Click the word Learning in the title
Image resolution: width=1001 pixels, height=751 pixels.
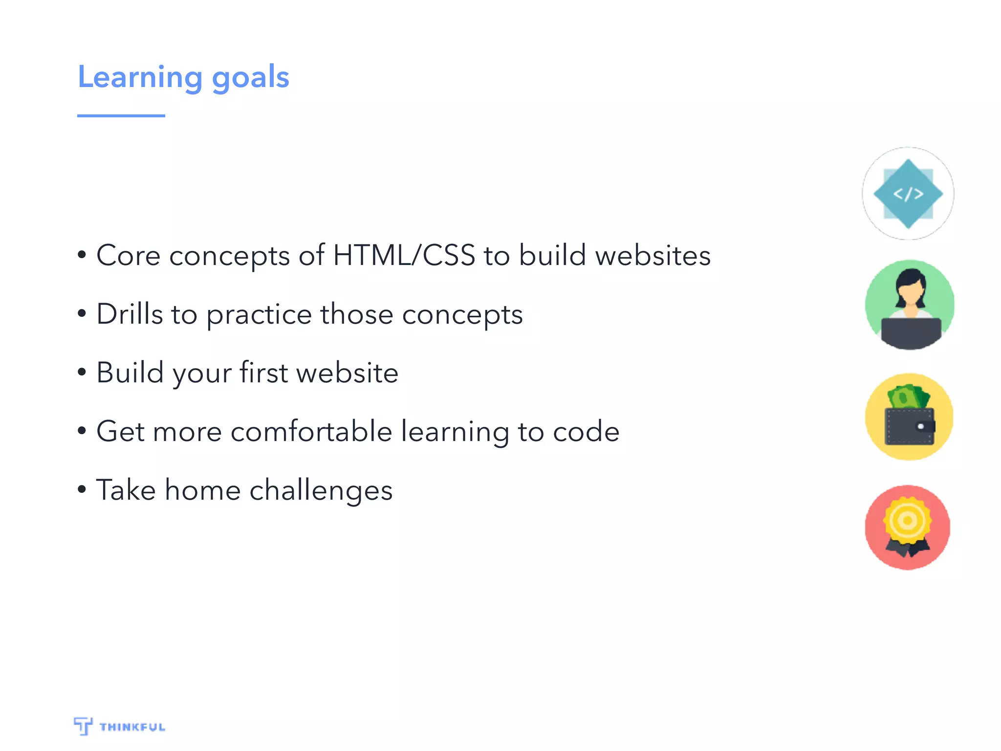click(140, 77)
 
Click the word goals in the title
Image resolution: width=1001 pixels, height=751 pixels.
click(251, 78)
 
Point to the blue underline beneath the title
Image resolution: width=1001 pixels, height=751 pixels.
click(121, 116)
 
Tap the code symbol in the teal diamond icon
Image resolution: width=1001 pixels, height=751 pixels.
click(908, 194)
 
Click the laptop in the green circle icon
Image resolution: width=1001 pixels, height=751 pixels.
click(911, 332)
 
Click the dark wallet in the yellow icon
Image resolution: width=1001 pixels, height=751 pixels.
click(910, 426)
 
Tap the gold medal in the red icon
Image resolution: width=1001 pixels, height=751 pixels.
click(907, 520)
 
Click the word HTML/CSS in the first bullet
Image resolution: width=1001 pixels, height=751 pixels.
click(404, 255)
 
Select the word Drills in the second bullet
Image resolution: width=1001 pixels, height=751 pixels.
click(130, 314)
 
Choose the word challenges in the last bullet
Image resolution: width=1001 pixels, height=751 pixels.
click(321, 490)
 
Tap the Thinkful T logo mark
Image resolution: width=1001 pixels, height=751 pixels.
click(83, 726)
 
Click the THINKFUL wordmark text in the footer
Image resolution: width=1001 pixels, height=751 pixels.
click(132, 727)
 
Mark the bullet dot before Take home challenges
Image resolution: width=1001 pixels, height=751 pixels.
click(82, 489)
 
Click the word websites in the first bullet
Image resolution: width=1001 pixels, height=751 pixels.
click(653, 255)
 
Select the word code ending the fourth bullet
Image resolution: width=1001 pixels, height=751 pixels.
click(586, 431)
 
